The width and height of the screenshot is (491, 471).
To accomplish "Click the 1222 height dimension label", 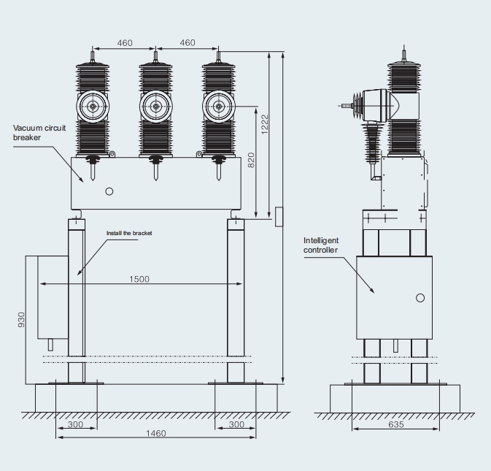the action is click(265, 124).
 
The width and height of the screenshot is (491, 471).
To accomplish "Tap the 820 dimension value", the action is click(251, 160).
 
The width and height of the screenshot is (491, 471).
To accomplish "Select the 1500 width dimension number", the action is click(139, 279).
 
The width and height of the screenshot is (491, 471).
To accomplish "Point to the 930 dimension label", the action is click(21, 320).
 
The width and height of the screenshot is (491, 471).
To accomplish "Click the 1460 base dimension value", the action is click(156, 434).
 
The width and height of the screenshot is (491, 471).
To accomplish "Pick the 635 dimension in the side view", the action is click(396, 424).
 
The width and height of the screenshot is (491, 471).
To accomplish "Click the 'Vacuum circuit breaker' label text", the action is click(39, 133).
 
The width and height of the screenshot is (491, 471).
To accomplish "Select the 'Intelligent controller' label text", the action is click(321, 245).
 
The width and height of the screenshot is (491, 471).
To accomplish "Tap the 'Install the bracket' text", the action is click(129, 233).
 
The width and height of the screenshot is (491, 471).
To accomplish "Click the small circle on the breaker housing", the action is click(109, 191).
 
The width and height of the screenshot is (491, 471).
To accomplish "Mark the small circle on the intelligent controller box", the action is click(420, 298).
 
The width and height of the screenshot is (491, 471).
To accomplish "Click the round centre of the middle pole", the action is click(155, 107).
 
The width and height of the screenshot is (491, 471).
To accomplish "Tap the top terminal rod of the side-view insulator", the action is click(404, 55).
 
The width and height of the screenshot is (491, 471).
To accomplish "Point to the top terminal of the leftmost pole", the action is click(93, 56).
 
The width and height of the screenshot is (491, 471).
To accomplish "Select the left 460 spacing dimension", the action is click(125, 42).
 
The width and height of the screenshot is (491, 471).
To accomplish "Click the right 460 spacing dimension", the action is click(187, 42).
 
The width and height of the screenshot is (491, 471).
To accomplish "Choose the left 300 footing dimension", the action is click(75, 424).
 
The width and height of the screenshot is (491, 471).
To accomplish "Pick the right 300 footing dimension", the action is click(236, 424).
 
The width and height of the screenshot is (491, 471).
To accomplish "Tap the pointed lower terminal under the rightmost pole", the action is click(219, 172).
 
